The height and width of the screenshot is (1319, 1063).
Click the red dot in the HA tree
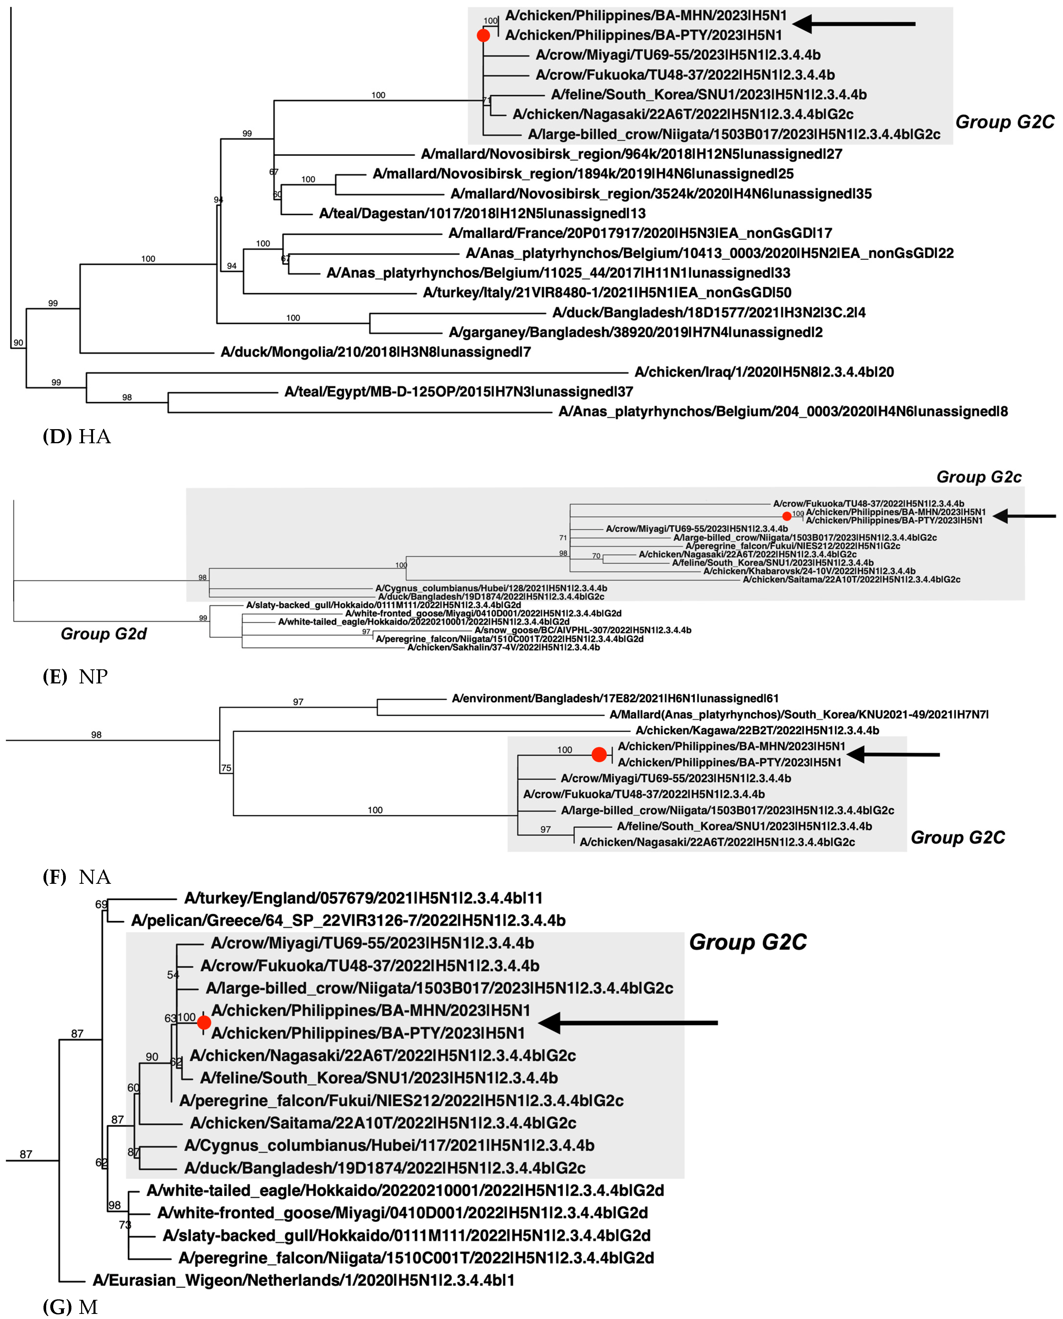[483, 35]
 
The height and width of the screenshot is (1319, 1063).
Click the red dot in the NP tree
[787, 516]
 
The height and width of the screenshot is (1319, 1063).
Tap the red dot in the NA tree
[599, 755]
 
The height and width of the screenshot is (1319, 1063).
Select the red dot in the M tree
[204, 1022]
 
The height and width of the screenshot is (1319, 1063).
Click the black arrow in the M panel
[628, 1022]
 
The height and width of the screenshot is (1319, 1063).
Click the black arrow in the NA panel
[893, 755]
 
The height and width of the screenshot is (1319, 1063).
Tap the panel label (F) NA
[77, 877]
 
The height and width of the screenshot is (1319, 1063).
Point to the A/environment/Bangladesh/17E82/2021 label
[615, 698]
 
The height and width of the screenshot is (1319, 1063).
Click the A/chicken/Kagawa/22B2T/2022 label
[757, 730]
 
